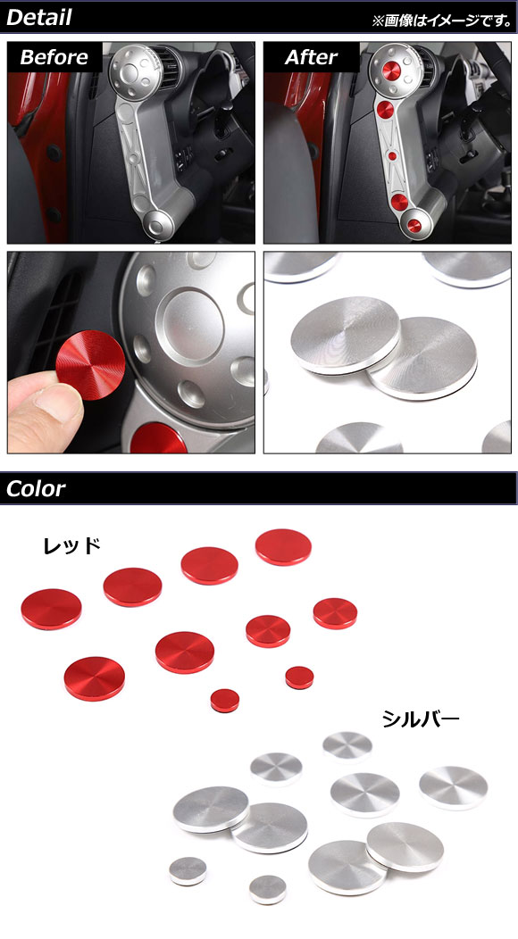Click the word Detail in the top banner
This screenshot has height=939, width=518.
pyautogui.click(x=39, y=17)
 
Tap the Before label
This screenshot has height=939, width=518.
pyautogui.click(x=54, y=57)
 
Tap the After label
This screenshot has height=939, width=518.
pyautogui.click(x=311, y=57)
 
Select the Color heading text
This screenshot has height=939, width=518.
pyautogui.click(x=36, y=488)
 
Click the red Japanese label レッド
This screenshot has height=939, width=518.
pyautogui.click(x=71, y=545)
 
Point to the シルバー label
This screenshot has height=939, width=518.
pyautogui.click(x=421, y=719)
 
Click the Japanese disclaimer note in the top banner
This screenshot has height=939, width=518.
pyautogui.click(x=442, y=21)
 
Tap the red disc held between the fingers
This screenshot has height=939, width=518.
pyautogui.click(x=90, y=364)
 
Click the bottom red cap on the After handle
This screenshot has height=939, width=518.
pyautogui.click(x=414, y=225)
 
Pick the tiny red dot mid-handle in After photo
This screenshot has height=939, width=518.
pyautogui.click(x=392, y=155)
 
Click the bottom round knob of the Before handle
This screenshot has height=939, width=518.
pyautogui.click(x=159, y=225)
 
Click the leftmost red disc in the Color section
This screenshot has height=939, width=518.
pyautogui.click(x=51, y=609)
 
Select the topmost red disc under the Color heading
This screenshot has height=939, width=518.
pyautogui.click(x=284, y=547)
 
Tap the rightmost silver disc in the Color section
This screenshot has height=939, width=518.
pyautogui.click(x=454, y=788)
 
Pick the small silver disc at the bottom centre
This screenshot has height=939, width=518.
pyautogui.click(x=267, y=889)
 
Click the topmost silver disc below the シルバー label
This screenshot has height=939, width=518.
pyautogui.click(x=347, y=746)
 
